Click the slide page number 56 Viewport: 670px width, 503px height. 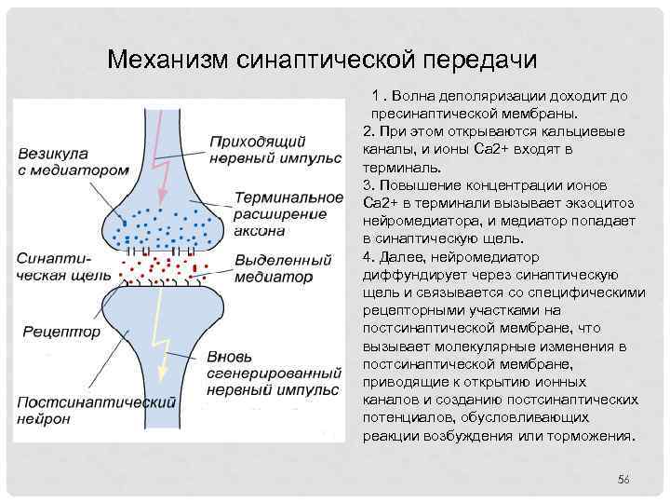[623, 479]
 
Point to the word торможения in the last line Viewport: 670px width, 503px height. [593, 435]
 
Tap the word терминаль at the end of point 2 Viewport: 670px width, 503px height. [397, 168]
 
